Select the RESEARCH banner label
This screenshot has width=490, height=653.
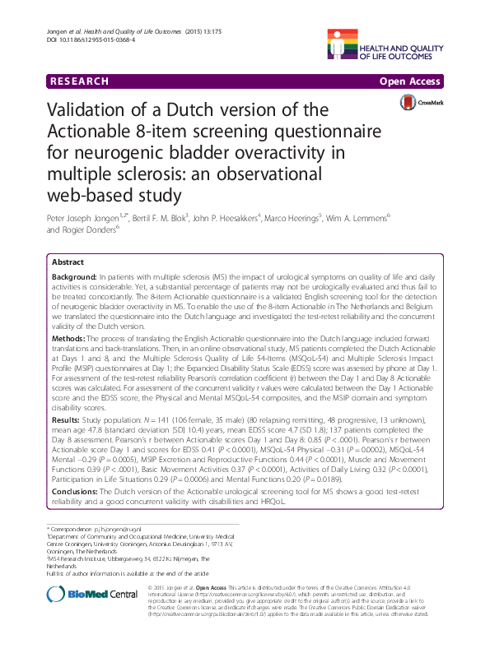78,81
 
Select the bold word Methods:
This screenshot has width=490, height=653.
71,339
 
